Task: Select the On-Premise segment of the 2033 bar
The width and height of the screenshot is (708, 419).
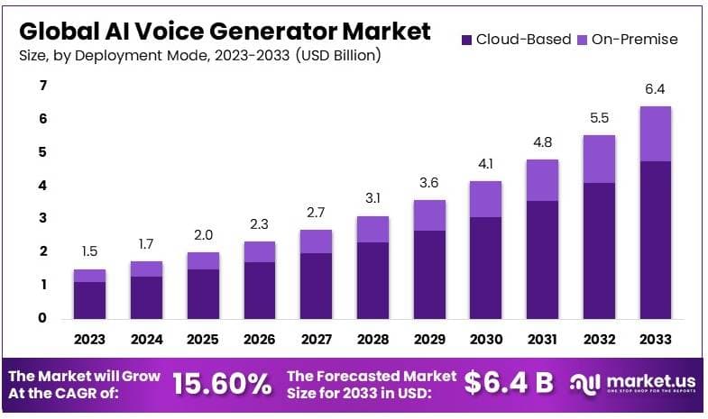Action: coord(655,133)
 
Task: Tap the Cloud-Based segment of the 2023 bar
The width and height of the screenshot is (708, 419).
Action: coord(89,300)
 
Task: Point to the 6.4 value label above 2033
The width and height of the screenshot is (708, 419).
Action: coord(655,89)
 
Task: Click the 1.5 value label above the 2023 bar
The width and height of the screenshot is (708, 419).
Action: coord(89,252)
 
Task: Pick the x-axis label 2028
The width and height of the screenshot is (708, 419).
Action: coord(372,340)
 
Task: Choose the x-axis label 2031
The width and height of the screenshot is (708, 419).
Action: coord(542,340)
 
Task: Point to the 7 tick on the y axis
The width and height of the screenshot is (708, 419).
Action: coord(41,86)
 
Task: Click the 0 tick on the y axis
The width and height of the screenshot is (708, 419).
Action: coord(41,318)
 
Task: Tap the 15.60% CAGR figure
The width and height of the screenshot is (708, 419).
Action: coord(222,384)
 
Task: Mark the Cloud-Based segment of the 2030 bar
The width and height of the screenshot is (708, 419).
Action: coord(485,268)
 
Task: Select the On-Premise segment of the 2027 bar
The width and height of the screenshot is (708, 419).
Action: coord(316,241)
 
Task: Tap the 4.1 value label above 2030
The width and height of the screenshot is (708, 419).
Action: coord(485,165)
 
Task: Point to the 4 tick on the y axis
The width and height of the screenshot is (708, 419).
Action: coord(41,186)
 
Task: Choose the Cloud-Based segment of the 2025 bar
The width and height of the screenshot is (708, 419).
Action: coord(202,294)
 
